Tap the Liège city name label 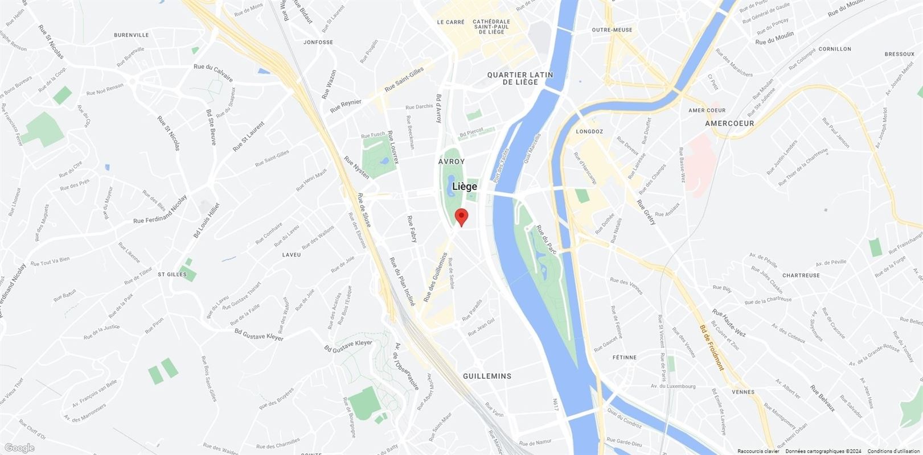(465, 186)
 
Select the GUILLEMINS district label (487, 376)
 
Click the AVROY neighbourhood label (452, 162)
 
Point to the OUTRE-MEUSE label (612, 30)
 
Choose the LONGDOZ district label (589, 131)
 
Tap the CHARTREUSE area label (801, 275)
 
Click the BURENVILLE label (131, 35)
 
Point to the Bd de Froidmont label (712, 348)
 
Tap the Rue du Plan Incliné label (403, 282)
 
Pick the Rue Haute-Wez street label (728, 323)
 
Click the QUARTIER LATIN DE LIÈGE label (512, 78)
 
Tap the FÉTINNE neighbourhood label (624, 357)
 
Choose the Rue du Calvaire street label (213, 73)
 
